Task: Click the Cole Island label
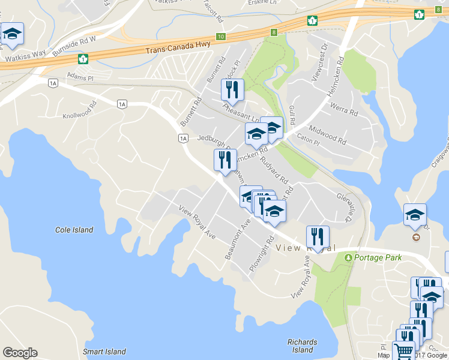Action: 74,230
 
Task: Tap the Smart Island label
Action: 104,352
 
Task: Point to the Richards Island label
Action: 302,346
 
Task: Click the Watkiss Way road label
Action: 26,53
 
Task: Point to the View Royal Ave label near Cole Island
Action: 197,221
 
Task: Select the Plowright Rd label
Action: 259,255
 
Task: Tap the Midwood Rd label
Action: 327,136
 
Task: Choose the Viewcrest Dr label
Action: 318,61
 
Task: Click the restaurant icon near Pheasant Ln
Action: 232,90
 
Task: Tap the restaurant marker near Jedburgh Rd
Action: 225,160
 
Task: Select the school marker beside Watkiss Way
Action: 11,35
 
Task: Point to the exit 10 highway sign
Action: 221,37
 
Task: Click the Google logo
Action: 20,353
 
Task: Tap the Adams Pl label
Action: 80,77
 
